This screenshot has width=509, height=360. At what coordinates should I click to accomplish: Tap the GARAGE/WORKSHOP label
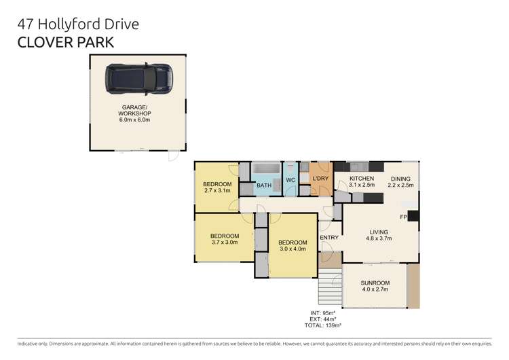click(136, 111)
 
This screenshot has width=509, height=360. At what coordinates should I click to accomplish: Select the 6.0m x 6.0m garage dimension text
click(136, 120)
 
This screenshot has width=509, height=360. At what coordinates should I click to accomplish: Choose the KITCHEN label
click(361, 178)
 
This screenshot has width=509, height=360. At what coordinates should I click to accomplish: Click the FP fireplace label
click(403, 217)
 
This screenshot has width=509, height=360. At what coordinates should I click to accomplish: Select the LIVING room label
click(380, 232)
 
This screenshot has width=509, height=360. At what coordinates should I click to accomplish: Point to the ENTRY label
click(329, 237)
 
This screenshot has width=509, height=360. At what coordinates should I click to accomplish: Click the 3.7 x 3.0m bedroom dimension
click(225, 241)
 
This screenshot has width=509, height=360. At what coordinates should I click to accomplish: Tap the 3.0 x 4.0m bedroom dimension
click(293, 249)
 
